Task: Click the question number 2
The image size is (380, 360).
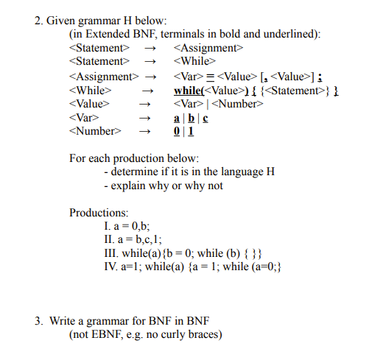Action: point(38,21)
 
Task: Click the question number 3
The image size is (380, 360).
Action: point(38,321)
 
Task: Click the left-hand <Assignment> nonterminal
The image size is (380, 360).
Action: point(103,76)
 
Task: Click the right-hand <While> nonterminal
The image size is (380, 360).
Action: point(194,62)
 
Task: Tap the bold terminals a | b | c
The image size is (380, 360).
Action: point(188,118)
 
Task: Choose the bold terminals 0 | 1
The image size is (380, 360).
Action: point(183,131)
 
